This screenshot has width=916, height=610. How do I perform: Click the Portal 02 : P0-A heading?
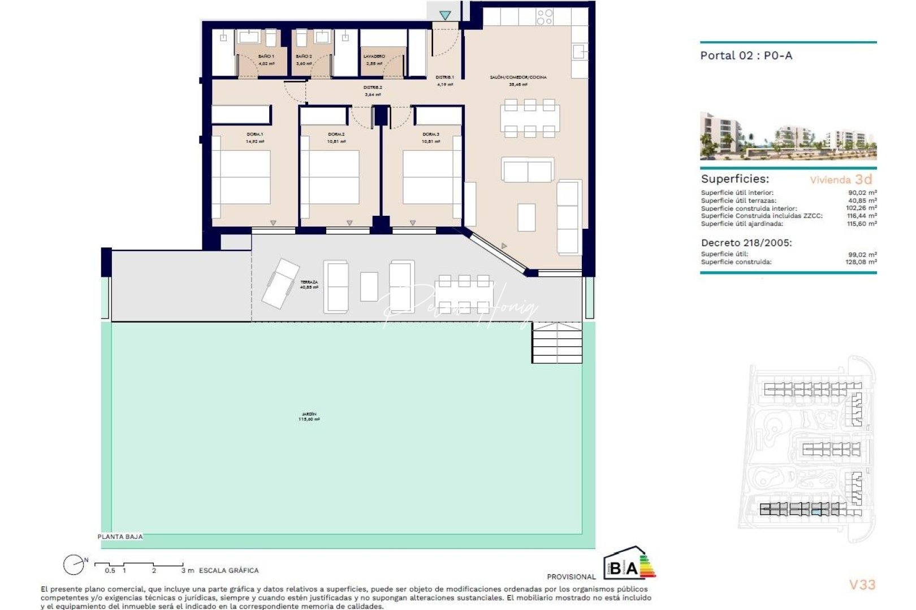tap(746, 55)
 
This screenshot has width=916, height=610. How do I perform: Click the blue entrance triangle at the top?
tap(446, 15)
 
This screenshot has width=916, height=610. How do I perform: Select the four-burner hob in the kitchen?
tap(544, 17)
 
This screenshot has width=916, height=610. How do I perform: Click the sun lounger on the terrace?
tap(281, 283)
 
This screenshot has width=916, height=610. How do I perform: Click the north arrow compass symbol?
tap(74, 564)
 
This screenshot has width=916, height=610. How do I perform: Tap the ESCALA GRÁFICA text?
tap(228, 570)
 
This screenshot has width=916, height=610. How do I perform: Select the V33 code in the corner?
tap(862, 585)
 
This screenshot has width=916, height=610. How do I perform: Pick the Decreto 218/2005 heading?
tap(746, 242)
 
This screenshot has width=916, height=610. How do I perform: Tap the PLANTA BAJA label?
tap(120, 537)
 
